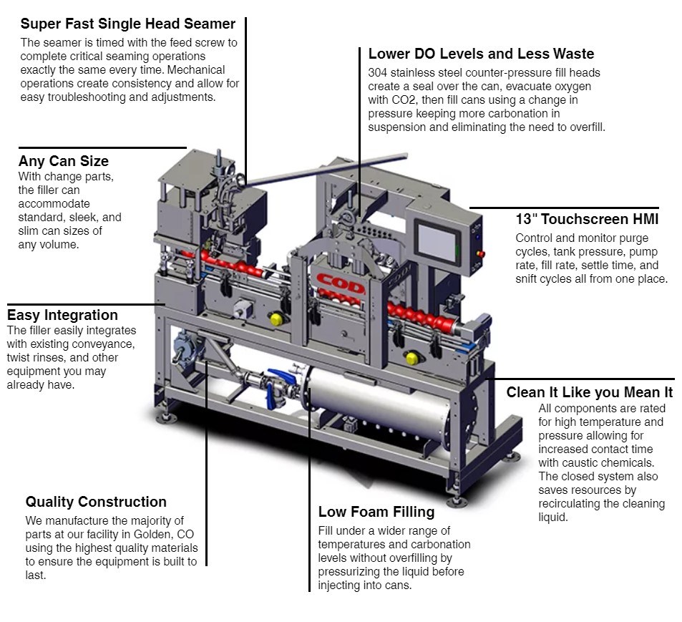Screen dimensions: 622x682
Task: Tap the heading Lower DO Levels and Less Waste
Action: pyautogui.click(x=481, y=54)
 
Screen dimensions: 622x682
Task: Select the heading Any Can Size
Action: pyautogui.click(x=64, y=161)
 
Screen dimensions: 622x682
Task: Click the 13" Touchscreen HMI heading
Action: pyautogui.click(x=587, y=219)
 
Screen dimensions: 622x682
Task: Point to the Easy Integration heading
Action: pyautogui.click(x=62, y=315)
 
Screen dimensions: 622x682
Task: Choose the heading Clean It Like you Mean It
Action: pyautogui.click(x=589, y=392)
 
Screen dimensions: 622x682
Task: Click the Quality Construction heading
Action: pyautogui.click(x=96, y=502)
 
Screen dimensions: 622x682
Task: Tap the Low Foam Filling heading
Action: pyautogui.click(x=376, y=512)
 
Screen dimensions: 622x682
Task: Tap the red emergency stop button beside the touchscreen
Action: pyautogui.click(x=480, y=253)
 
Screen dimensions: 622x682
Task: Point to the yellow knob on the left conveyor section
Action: pyautogui.click(x=276, y=319)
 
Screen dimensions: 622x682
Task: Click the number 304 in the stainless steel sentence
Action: pyautogui.click(x=378, y=73)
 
